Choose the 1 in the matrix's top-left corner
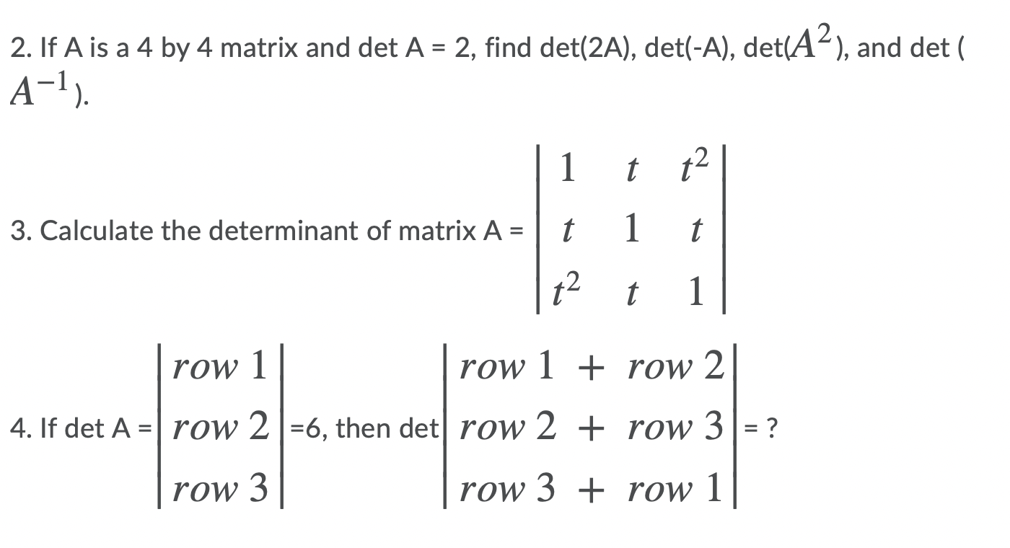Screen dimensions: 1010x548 pyautogui.click(x=568, y=169)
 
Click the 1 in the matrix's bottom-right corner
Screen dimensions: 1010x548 pyautogui.click(x=694, y=293)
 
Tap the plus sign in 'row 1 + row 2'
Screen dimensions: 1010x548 pyautogui.click(x=592, y=368)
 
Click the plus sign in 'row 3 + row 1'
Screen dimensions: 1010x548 pyautogui.click(x=592, y=490)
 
